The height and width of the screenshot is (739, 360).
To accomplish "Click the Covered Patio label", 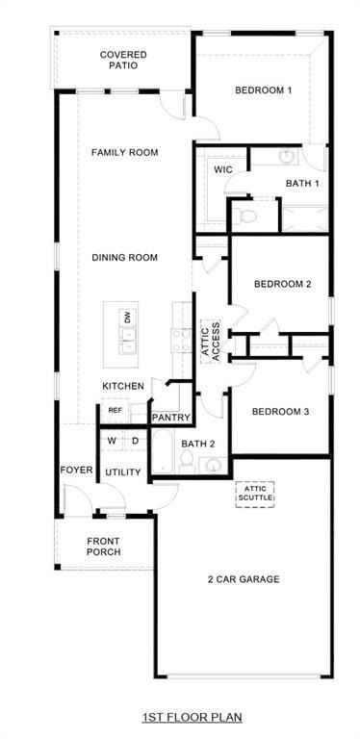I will tap(123, 60).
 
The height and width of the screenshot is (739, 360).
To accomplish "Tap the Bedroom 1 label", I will tap(262, 90).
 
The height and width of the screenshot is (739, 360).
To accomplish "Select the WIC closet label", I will tap(223, 169).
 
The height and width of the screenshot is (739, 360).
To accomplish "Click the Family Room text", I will tap(124, 152).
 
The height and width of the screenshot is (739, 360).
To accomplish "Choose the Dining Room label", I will tap(124, 257).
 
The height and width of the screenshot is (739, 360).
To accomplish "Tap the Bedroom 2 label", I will tap(282, 284).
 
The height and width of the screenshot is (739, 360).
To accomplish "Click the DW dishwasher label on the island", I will tap(126, 318).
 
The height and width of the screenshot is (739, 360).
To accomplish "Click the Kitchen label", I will tap(123, 386).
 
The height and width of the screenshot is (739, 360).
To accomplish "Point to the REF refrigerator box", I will tap(115, 411).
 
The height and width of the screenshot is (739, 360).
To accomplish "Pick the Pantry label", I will tap(170, 418).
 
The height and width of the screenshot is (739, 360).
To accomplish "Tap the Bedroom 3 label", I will tap(280, 412).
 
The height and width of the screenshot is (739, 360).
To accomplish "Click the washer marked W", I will tap(112, 441).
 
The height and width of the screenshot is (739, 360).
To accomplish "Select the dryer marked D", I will tap(135, 441).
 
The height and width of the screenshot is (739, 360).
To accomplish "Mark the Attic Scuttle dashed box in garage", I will tap(255, 494).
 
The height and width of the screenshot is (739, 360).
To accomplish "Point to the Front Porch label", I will tap(103, 546).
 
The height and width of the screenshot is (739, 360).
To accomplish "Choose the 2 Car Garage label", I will tap(243, 578).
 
